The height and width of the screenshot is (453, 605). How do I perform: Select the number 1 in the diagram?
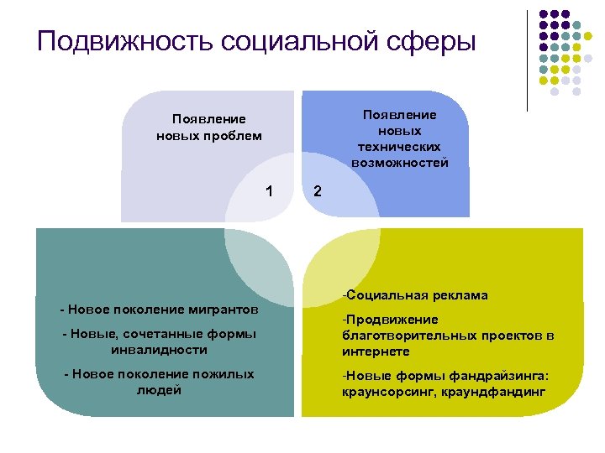pos(269,190)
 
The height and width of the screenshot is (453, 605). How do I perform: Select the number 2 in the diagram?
pos(317,190)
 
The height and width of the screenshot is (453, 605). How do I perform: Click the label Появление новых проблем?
pos(209,128)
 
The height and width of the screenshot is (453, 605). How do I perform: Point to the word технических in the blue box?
pos(400,147)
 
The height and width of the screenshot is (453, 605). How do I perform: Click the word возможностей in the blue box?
pos(400,162)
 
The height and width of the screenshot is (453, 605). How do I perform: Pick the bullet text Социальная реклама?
pos(414,295)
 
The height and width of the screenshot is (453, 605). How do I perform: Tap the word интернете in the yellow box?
pos(376,351)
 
